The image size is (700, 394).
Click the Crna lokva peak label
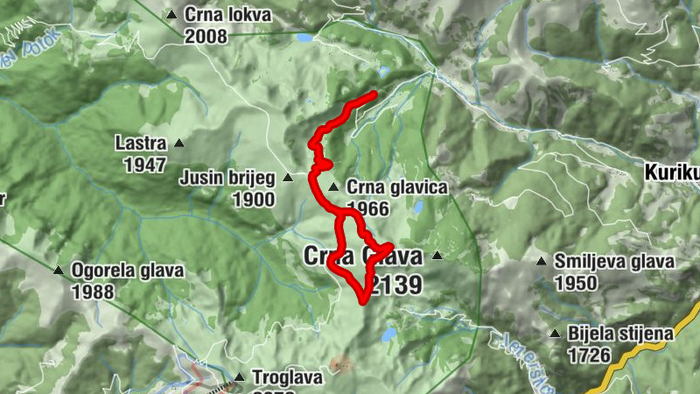click(227, 15)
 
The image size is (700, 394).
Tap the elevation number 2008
click(206, 36)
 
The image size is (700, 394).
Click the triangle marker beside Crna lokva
click(171, 15)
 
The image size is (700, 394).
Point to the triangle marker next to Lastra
click(179, 143)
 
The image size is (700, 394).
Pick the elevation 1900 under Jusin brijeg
click(254, 200)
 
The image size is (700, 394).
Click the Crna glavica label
click(396, 187)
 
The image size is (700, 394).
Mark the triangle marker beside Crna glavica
click(332, 187)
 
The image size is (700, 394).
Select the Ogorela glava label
click(128, 271)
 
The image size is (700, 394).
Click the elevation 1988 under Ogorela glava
click(94, 292)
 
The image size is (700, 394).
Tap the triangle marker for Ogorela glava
click(59, 271)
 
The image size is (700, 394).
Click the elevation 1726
click(589, 355)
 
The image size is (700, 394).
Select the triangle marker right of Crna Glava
click(437, 256)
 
